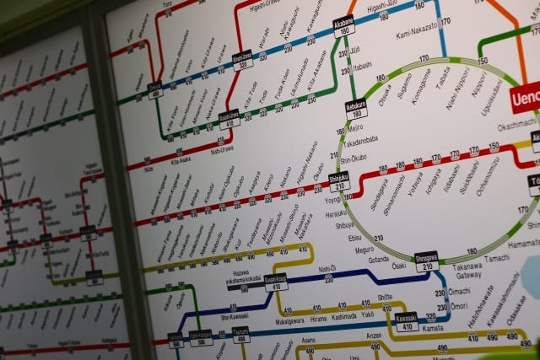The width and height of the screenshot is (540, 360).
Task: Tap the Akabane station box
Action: point(343,26)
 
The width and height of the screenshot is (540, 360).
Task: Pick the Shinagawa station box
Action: point(427,261)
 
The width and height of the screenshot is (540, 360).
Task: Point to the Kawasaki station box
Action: point(407,321)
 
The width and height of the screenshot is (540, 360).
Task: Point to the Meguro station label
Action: point(364,250)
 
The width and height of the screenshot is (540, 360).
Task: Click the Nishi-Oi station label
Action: point(327,269)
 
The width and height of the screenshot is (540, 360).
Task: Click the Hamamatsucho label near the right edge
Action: point(525,243)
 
